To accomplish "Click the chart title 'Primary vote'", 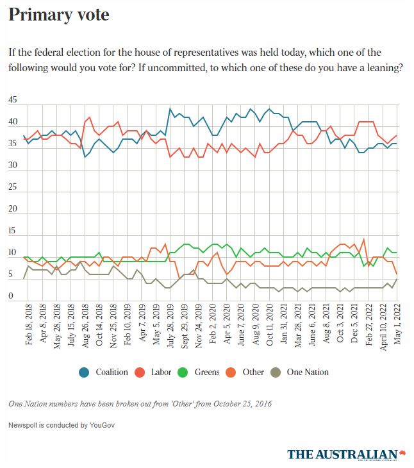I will click(59, 15).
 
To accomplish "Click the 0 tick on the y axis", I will click(10, 296).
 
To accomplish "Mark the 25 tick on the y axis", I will click(13, 188).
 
